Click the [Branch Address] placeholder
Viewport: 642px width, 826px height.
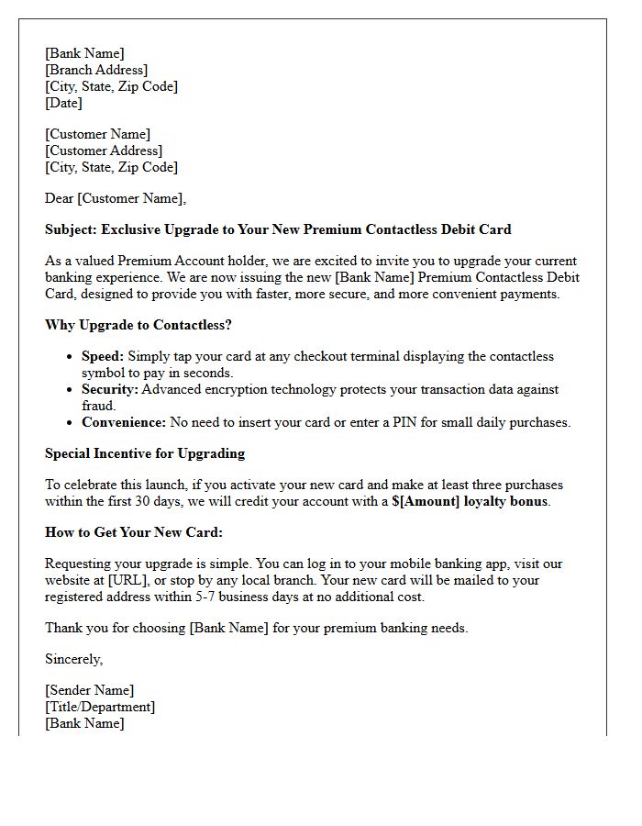pos(96,70)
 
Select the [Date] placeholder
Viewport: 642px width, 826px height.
pos(63,103)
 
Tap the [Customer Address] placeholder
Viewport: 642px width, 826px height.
pos(104,151)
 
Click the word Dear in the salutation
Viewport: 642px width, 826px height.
pos(60,198)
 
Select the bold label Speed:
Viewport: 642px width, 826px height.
pos(103,356)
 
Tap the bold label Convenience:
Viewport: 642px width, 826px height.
pos(124,422)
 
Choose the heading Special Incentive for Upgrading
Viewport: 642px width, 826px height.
pos(145,453)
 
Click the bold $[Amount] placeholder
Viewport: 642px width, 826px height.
pos(425,501)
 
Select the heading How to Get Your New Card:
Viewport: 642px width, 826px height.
pos(134,532)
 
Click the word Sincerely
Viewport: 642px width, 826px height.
pos(74,659)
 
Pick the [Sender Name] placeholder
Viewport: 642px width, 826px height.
pos(90,690)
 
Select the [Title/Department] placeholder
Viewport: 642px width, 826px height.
pos(100,707)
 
